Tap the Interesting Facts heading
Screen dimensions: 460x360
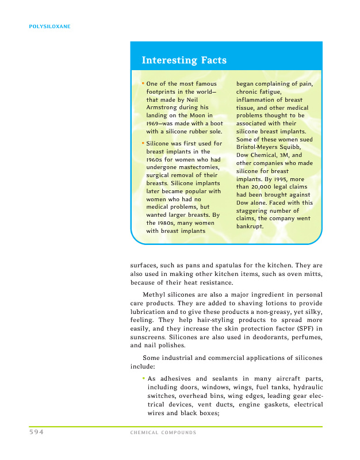tap(184, 60)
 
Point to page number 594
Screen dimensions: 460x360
tap(36, 432)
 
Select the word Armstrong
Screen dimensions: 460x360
tap(166, 108)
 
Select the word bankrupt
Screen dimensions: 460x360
tap(250, 227)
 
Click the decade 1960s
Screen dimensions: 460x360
tap(157, 159)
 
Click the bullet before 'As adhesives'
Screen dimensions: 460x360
tap(143, 378)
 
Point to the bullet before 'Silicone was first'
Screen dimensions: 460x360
tap(143, 143)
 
